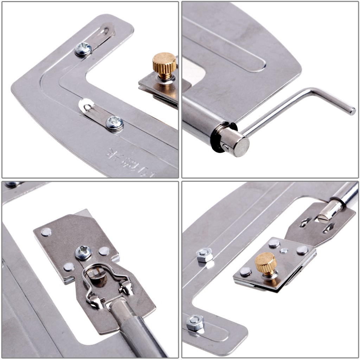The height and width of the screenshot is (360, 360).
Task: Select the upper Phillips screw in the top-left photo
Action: pos(83,49)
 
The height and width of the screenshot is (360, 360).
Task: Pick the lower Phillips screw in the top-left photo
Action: pos(115,123)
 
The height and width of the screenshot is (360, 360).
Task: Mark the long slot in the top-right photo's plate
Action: pos(225,46)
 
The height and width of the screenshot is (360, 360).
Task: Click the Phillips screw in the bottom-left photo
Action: pos(83,252)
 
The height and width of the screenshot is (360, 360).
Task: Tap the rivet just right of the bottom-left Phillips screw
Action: pos(104,251)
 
